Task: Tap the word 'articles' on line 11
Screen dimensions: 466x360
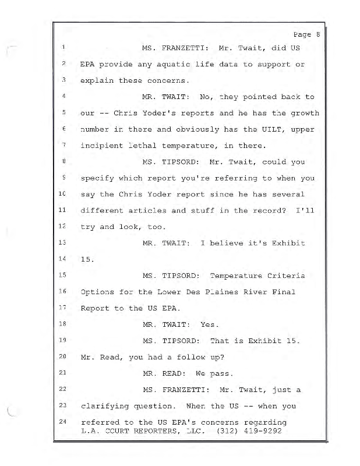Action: [x=165, y=210]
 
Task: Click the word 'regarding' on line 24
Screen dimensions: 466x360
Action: [x=265, y=421]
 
